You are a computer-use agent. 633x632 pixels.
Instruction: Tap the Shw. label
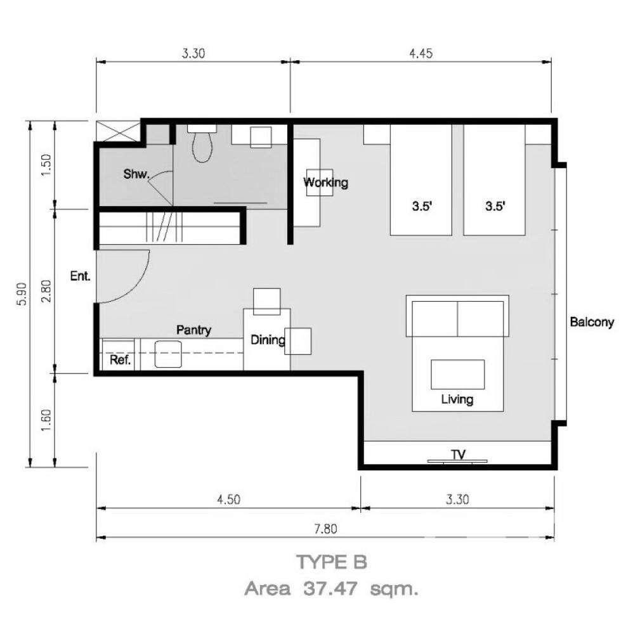(x=136, y=174)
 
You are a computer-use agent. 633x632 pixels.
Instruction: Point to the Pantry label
(x=194, y=330)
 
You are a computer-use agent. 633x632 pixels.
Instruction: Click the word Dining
(x=268, y=340)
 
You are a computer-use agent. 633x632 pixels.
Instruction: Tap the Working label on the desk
(x=325, y=183)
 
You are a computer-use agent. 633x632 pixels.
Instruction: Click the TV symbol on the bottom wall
(x=457, y=458)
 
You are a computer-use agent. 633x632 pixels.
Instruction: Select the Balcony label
(x=592, y=322)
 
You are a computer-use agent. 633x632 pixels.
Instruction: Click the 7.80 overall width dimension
(x=325, y=529)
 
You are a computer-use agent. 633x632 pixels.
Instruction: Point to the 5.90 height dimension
(x=22, y=293)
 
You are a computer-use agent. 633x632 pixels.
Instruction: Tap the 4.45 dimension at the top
(x=421, y=53)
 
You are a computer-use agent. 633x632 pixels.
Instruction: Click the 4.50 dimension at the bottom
(x=228, y=500)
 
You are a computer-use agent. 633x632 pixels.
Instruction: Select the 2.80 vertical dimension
(x=46, y=292)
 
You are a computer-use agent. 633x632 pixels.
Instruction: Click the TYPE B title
(x=332, y=562)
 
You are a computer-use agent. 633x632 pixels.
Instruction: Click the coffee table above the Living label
(x=457, y=375)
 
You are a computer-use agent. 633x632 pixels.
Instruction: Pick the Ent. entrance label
(x=81, y=276)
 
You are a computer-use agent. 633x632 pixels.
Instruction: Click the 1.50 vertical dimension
(x=46, y=165)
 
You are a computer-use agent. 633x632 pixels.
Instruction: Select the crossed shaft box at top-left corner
(x=118, y=131)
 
